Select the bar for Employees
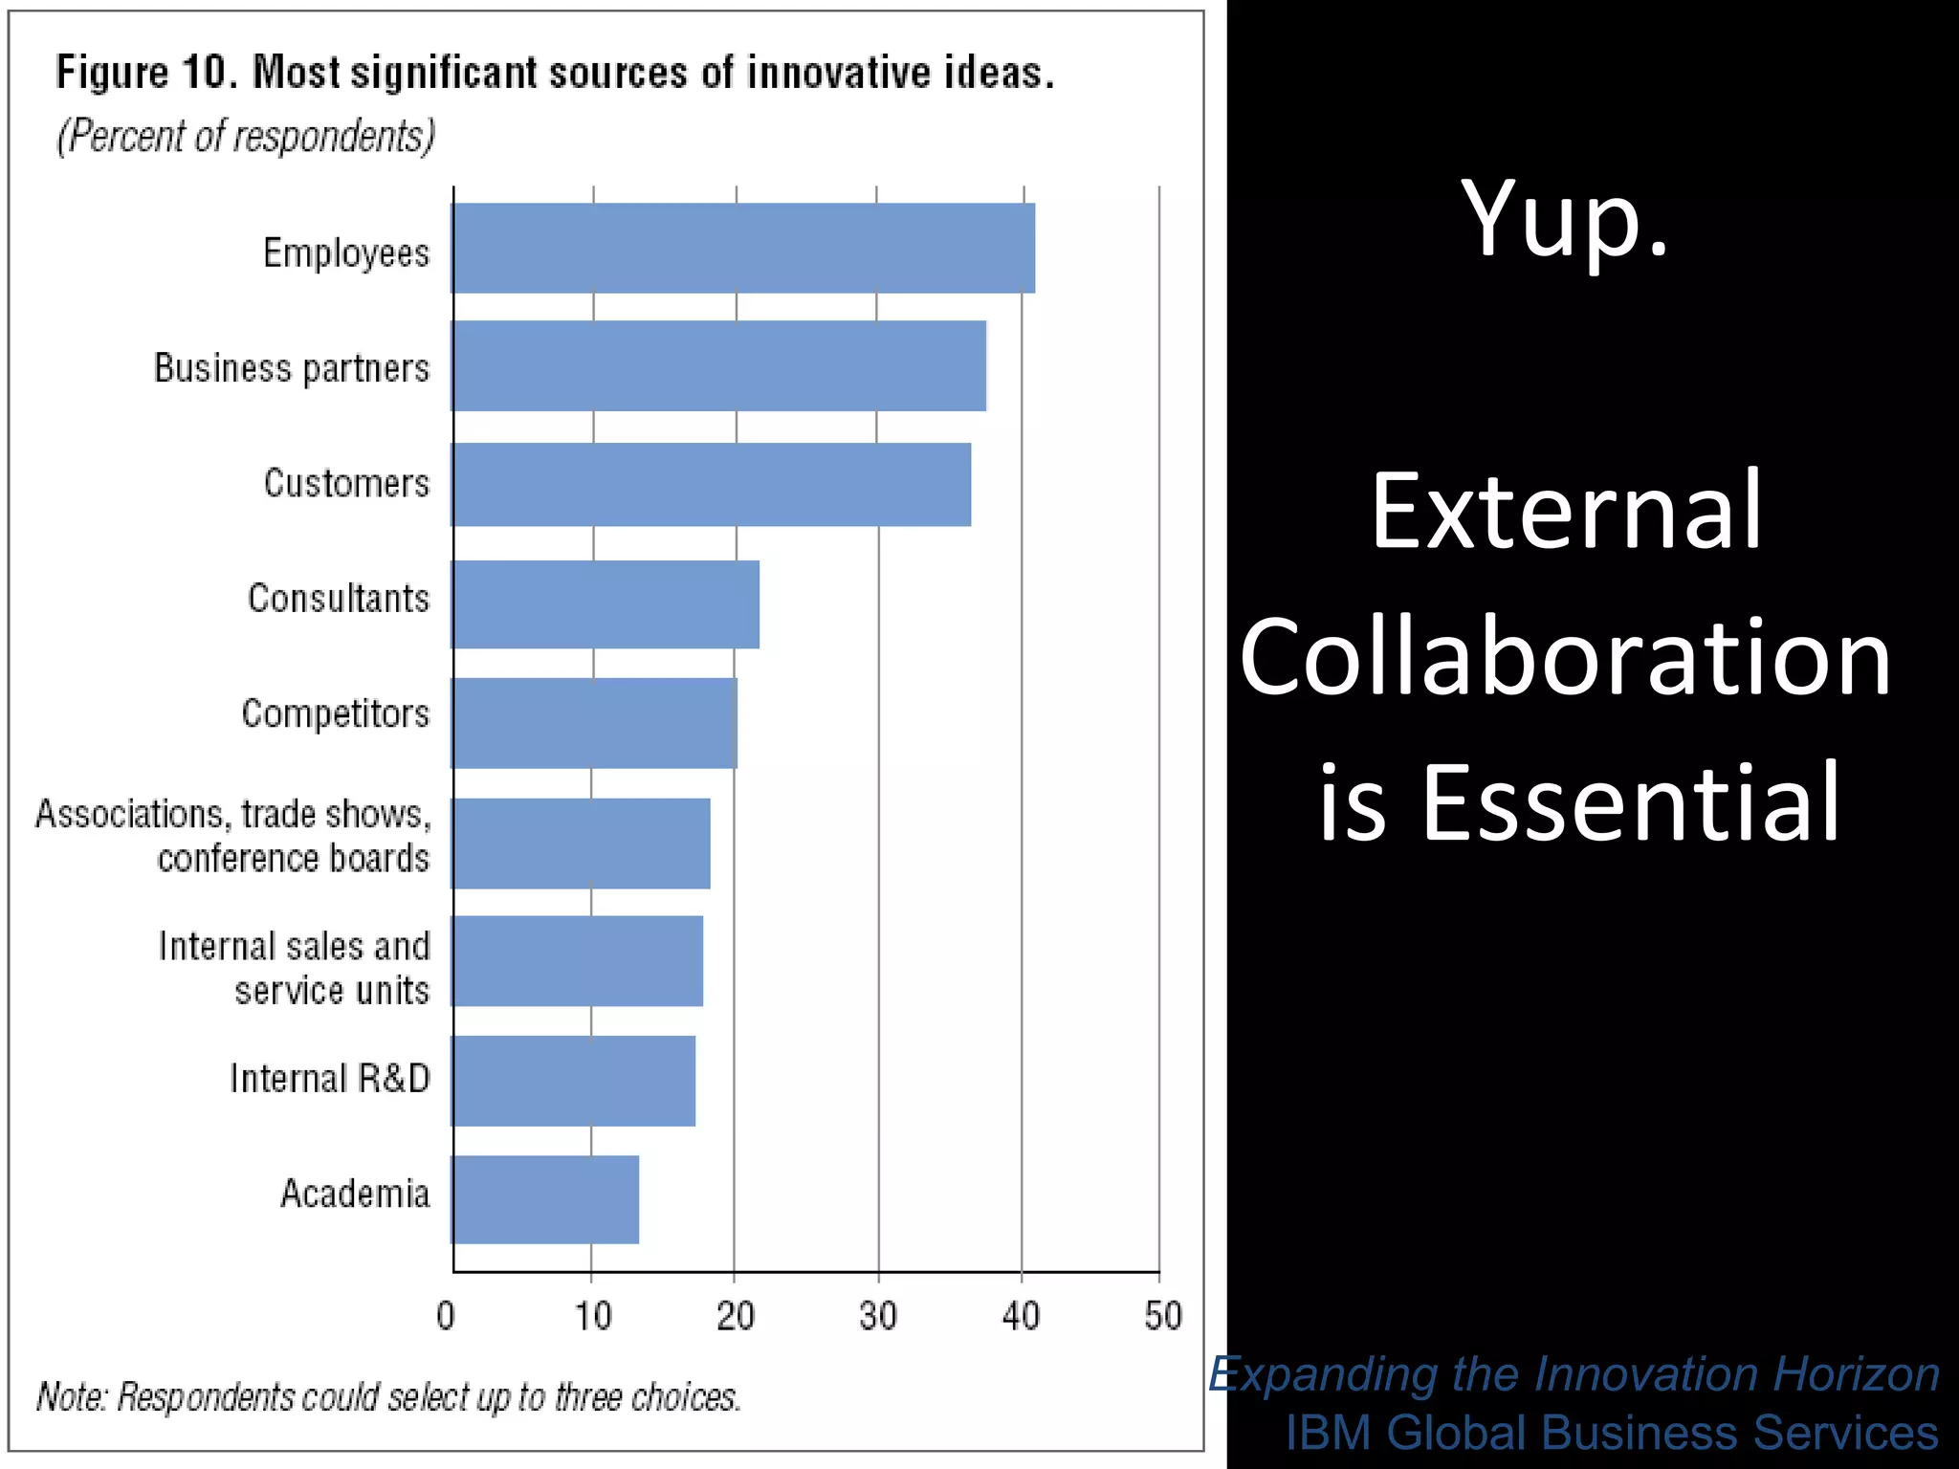[x=743, y=248]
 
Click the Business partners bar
[x=719, y=366]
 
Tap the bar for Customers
[x=712, y=484]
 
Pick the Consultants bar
[x=605, y=604]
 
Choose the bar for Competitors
[x=595, y=723]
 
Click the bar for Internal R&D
[x=574, y=1081]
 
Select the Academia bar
[x=545, y=1199]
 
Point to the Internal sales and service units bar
[x=578, y=961]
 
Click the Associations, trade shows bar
[x=582, y=844]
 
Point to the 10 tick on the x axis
[x=592, y=1317]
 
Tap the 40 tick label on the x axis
[x=1021, y=1317]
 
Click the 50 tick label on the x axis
[x=1162, y=1317]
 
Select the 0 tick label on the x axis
[x=446, y=1317]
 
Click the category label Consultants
[x=339, y=599]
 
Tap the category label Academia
[x=355, y=1195]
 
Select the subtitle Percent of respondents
[x=246, y=136]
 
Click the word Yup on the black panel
[x=1564, y=220]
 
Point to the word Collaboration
[x=1566, y=657]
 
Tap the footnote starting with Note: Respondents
[x=388, y=1397]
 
